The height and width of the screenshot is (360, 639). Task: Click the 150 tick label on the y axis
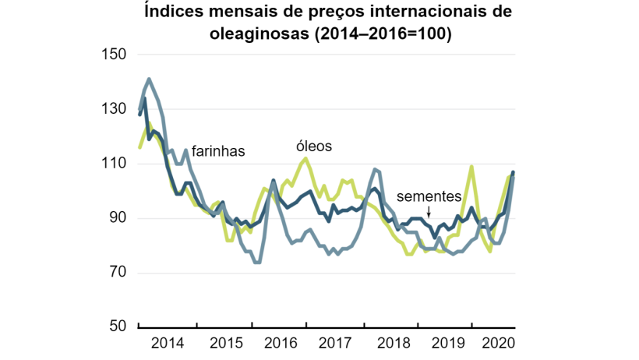(x=114, y=55)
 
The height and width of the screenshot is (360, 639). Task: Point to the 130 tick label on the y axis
(x=114, y=109)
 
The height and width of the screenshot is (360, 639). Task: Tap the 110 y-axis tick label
(x=114, y=164)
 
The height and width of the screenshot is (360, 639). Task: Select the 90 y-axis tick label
(x=118, y=218)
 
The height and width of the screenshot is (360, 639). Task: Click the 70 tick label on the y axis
(x=118, y=273)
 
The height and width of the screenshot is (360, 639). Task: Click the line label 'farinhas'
(x=218, y=152)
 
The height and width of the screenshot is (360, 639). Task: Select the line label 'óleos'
(x=314, y=146)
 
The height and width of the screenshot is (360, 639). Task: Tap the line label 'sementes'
(x=429, y=196)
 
